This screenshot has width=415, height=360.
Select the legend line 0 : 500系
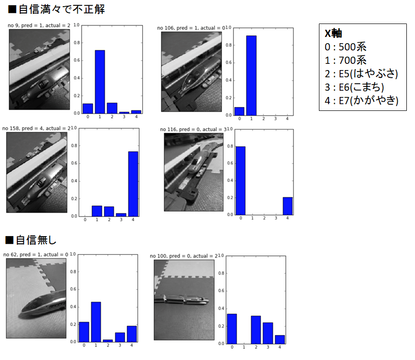[x=346, y=47]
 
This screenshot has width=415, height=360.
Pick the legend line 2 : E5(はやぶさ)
[x=361, y=74]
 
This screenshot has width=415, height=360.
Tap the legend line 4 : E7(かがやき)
[x=362, y=100]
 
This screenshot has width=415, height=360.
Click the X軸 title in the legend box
[x=333, y=33]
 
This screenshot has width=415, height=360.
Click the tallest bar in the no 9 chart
[x=100, y=82]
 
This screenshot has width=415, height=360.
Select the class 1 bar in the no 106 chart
[x=251, y=75]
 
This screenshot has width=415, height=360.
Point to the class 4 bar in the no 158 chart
[x=133, y=184]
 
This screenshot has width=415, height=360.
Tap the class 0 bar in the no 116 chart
[x=241, y=180]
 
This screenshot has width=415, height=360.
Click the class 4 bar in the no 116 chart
[x=288, y=206]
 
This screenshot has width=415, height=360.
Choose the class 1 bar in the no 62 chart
[x=96, y=322]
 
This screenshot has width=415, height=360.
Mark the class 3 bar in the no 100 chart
[x=268, y=333]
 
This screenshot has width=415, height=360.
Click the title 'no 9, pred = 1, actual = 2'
[x=39, y=25]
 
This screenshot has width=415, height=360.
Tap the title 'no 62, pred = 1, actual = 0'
[x=36, y=254]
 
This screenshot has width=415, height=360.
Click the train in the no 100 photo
[x=182, y=299]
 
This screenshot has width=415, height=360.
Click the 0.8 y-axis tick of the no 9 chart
[x=77, y=43]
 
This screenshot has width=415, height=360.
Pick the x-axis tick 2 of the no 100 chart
[x=256, y=347]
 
